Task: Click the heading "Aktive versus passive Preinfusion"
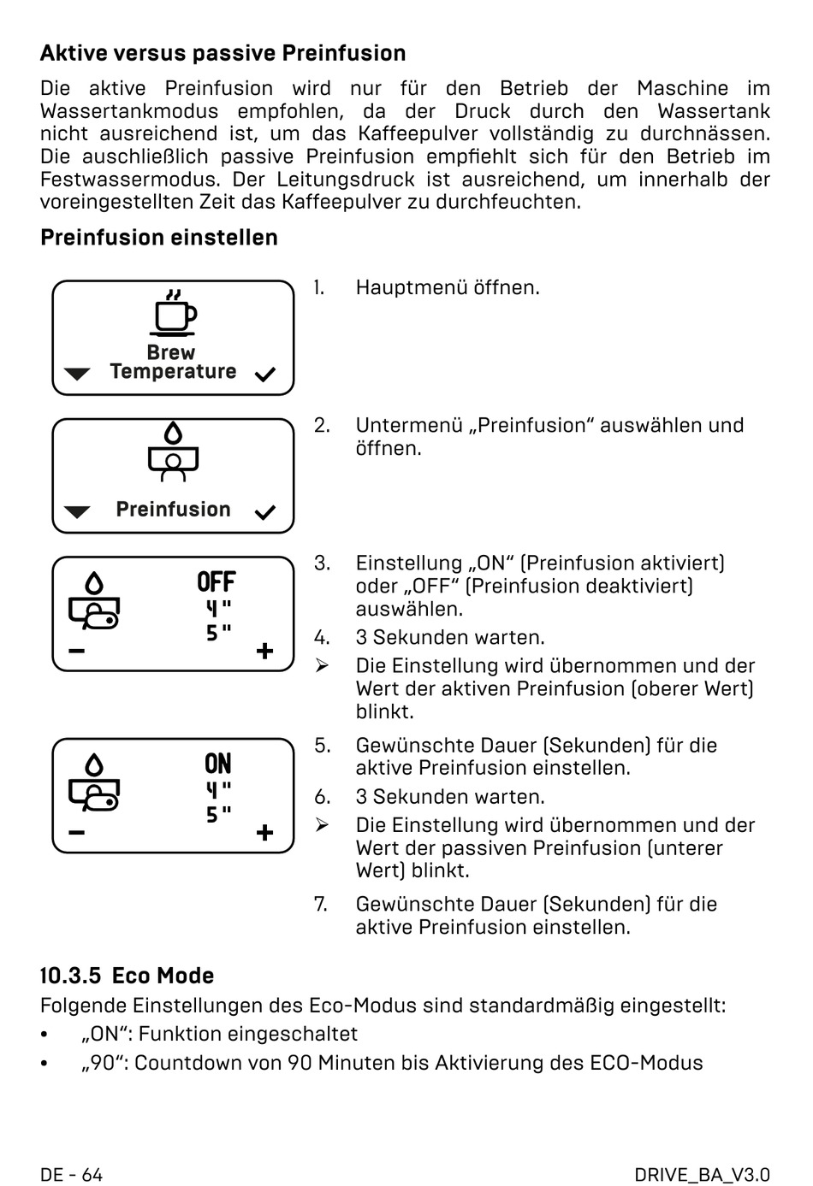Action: tap(223, 53)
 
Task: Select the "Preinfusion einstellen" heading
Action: tap(159, 238)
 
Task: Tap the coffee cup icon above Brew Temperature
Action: tap(174, 313)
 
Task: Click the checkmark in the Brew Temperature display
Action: tap(265, 375)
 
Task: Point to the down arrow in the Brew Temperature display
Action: tap(77, 375)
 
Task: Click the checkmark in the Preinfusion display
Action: tap(265, 512)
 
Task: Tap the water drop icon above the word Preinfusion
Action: tap(174, 434)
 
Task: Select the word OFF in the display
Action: tap(216, 582)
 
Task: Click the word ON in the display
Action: tap(217, 764)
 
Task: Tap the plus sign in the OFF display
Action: tap(265, 652)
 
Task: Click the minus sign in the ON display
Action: tap(77, 833)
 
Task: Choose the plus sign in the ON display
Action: tap(265, 833)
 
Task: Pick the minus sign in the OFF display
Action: tap(77, 652)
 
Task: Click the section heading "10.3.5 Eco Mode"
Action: tap(127, 976)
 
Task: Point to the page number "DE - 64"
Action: tap(71, 1174)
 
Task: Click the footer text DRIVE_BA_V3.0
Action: tap(703, 1174)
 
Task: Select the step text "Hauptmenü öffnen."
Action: tap(448, 287)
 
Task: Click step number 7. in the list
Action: tap(321, 904)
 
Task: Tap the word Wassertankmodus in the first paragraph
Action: tap(129, 111)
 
